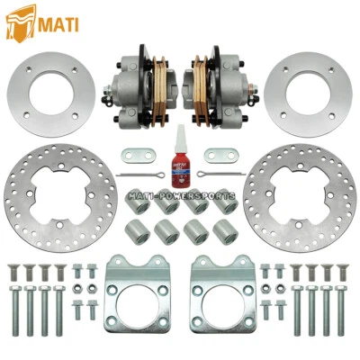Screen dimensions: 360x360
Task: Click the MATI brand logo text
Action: coord(55,22)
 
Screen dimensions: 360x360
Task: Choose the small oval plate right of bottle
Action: coord(219,153)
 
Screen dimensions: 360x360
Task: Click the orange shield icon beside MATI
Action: coord(16,22)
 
